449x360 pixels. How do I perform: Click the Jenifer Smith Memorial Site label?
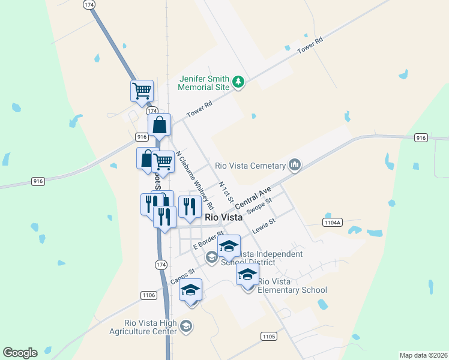(204, 83)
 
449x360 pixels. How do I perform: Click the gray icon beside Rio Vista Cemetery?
(294, 164)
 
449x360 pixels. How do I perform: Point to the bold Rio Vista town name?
(223, 218)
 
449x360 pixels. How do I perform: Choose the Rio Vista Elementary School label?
(292, 286)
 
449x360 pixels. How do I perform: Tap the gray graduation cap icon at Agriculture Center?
(186, 326)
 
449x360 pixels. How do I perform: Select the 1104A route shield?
(332, 222)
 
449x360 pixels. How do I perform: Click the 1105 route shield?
(269, 337)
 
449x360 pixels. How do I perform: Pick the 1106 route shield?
(149, 295)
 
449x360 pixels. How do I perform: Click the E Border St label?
(208, 240)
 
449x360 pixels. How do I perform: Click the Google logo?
(20, 353)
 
